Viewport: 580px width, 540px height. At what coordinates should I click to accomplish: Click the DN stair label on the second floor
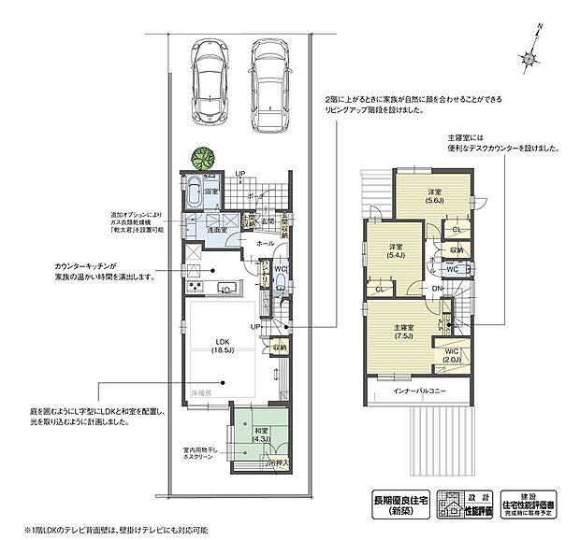click(x=436, y=290)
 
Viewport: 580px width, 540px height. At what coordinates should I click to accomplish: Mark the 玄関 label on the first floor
click(x=268, y=221)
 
